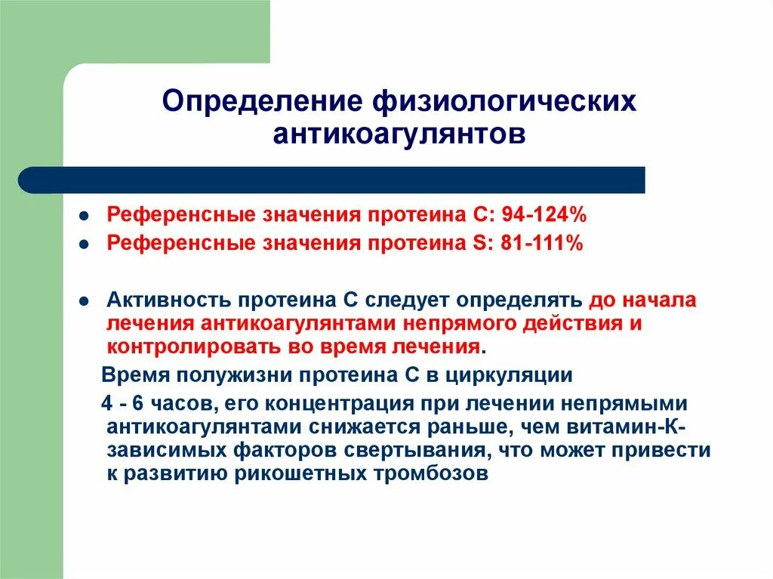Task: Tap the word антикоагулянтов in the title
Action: click(399, 135)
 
